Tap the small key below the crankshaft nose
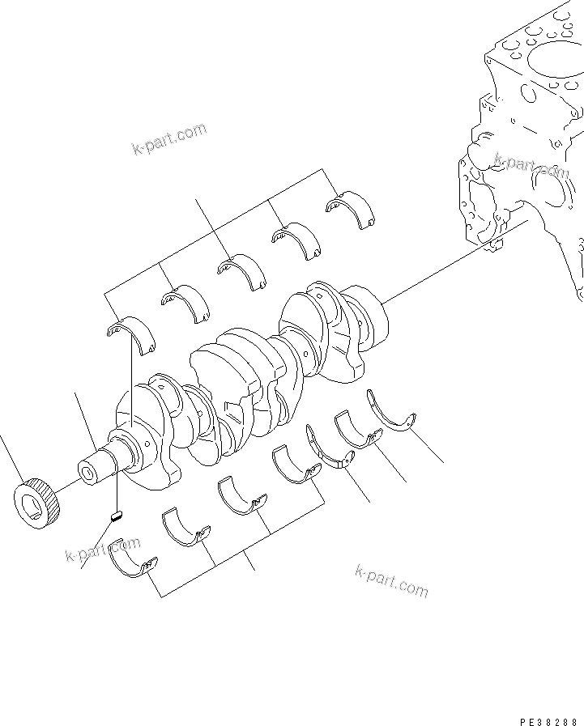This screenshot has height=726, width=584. tap(116, 514)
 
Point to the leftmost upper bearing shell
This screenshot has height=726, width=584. tap(130, 334)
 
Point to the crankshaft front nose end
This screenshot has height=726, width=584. tap(87, 472)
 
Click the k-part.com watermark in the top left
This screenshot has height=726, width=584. tap(168, 138)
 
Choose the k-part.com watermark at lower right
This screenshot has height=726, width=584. tap(391, 580)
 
